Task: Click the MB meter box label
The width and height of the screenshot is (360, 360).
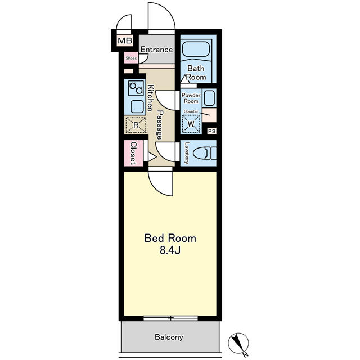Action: (125, 41)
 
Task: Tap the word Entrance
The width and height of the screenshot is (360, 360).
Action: (156, 49)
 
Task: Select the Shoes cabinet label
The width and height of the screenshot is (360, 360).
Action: (131, 58)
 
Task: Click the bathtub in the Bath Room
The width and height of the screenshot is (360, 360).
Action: (196, 49)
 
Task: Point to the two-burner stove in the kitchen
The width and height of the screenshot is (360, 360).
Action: (136, 88)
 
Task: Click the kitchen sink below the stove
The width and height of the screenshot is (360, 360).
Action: (137, 107)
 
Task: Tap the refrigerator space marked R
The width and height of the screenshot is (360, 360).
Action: (136, 125)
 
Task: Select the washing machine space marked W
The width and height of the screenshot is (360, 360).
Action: (191, 124)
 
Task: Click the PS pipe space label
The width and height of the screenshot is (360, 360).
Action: (211, 131)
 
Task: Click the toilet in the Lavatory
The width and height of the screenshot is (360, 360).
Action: (204, 153)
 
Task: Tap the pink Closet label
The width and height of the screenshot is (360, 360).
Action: (133, 153)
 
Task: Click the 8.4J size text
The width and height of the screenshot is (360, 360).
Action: (170, 250)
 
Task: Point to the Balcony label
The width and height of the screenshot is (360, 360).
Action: (169, 337)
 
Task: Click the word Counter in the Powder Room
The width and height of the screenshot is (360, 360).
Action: (191, 111)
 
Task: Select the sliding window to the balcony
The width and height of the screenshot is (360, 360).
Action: (170, 318)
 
